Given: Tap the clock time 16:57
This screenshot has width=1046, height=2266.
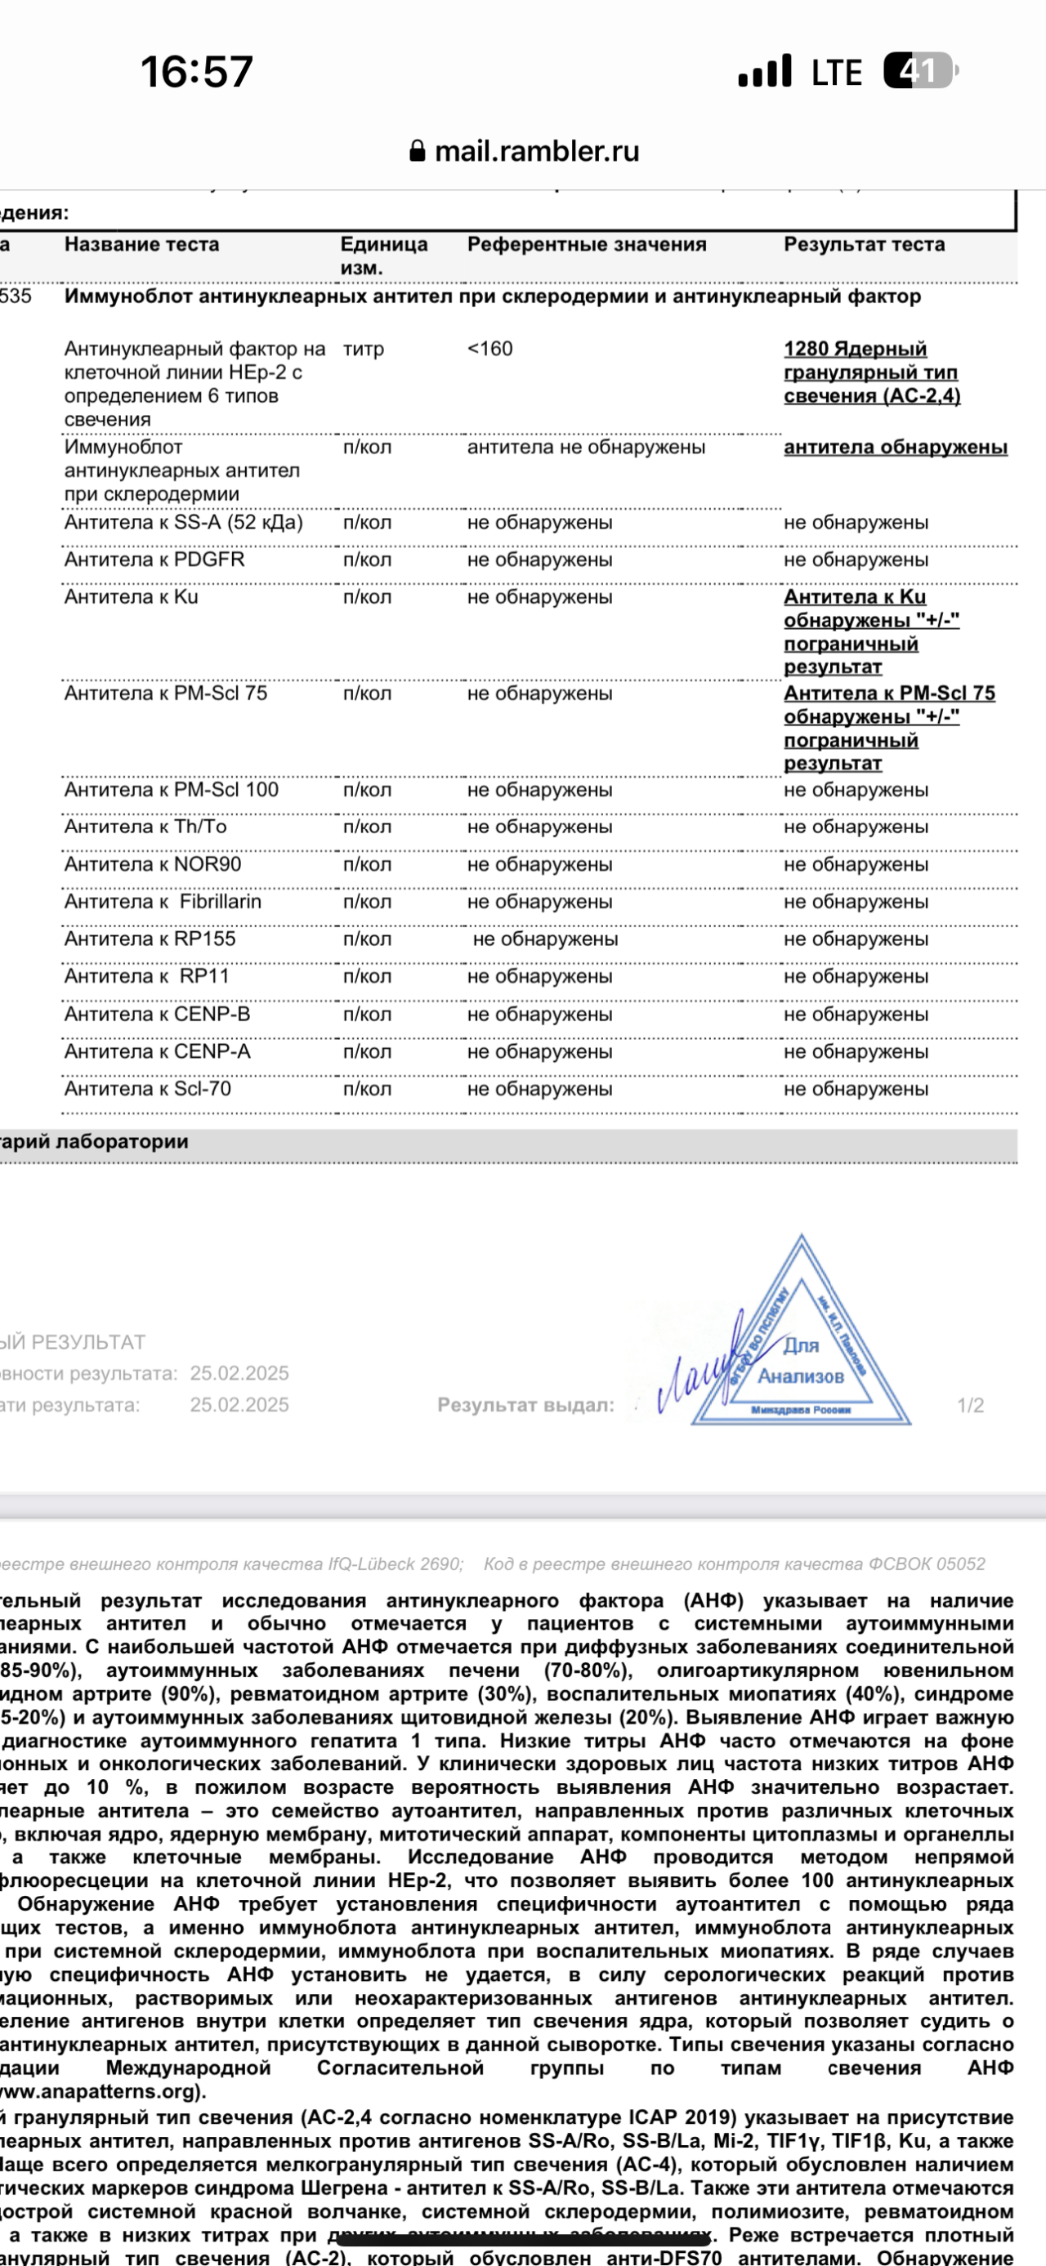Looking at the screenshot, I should (x=196, y=71).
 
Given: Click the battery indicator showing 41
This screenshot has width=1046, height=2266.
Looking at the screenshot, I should (x=919, y=70).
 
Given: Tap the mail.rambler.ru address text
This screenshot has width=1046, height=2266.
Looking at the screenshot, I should (x=537, y=151).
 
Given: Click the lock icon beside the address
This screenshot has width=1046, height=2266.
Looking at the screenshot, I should (x=418, y=151).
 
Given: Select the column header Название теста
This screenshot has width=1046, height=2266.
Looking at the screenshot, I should (x=141, y=244).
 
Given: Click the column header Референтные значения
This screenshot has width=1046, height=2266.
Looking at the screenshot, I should (x=587, y=244).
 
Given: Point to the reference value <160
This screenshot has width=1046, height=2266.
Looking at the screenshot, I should (x=490, y=350).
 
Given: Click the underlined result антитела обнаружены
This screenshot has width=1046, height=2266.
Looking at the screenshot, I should (x=895, y=447).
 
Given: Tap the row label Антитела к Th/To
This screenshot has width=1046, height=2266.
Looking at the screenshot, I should (x=145, y=827).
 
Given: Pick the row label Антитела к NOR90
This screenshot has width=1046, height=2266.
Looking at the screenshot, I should (x=152, y=865).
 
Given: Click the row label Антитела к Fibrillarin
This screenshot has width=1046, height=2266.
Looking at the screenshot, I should (x=163, y=902).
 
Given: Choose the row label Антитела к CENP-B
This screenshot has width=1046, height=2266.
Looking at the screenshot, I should (x=157, y=1015).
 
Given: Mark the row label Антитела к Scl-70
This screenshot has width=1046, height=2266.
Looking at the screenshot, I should (x=148, y=1089).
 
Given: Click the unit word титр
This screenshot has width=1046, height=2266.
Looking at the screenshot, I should (x=364, y=350).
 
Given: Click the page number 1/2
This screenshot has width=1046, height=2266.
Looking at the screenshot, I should (x=970, y=1406).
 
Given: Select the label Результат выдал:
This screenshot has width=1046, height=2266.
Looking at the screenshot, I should (x=525, y=1406).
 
